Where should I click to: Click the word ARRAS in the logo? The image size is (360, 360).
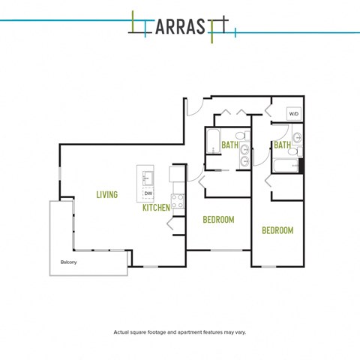pyautogui.click(x=180, y=26)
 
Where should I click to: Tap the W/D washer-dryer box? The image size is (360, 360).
pyautogui.click(x=294, y=114)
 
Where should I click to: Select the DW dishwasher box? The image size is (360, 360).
pyautogui.click(x=148, y=193)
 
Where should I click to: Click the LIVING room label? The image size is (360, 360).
pyautogui.click(x=107, y=194)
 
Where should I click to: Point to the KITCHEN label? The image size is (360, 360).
pyautogui.click(x=156, y=207)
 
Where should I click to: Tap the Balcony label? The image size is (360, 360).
pyautogui.click(x=68, y=262)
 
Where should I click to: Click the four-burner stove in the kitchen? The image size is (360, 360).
pyautogui.click(x=178, y=201)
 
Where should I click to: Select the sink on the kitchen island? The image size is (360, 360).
pyautogui.click(x=148, y=178)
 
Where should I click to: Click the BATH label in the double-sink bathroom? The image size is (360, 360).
pyautogui.click(x=229, y=145)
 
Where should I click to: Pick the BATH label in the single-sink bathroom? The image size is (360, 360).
pyautogui.click(x=282, y=145)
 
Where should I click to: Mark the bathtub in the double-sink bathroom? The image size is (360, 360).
pyautogui.click(x=213, y=141)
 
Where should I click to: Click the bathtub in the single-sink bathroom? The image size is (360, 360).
pyautogui.click(x=286, y=166)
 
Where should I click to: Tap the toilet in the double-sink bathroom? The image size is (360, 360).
pyautogui.click(x=242, y=136)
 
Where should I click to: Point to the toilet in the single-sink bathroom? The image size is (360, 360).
pyautogui.click(x=295, y=151)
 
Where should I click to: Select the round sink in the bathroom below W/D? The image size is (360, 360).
pyautogui.click(x=298, y=137)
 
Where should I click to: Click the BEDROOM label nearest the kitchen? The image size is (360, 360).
pyautogui.click(x=218, y=220)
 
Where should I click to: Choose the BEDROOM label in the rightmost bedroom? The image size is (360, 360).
pyautogui.click(x=277, y=230)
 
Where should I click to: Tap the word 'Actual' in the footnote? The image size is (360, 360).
pyautogui.click(x=121, y=332)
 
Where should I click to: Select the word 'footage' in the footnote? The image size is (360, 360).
pyautogui.click(x=157, y=332)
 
